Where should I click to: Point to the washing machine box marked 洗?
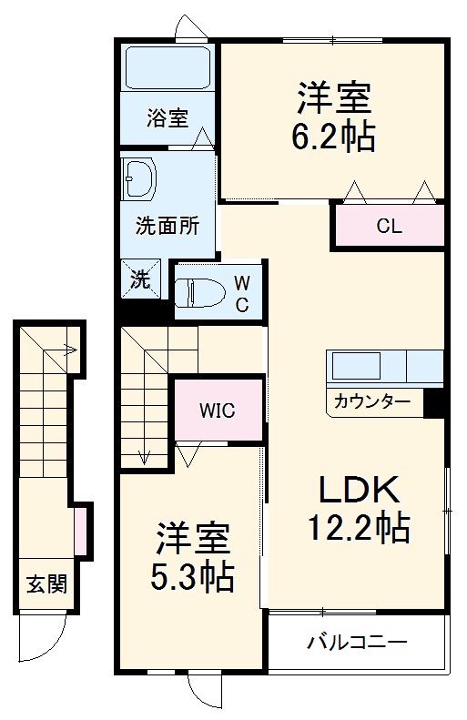[140, 279]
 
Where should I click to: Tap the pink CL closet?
[389, 227]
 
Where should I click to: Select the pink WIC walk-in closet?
[218, 410]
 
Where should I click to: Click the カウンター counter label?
[371, 401]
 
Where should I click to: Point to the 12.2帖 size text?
[358, 525]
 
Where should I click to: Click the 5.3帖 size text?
[192, 576]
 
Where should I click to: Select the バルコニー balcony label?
[356, 644]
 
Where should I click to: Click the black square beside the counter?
[432, 401]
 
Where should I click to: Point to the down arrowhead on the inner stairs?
[143, 458]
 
